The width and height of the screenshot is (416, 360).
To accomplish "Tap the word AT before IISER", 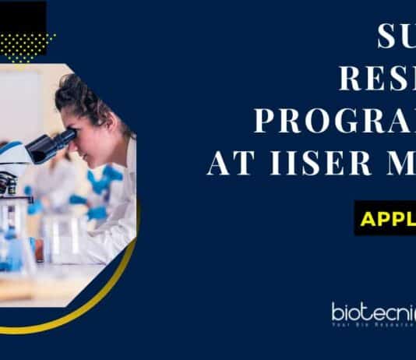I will coord(229,165).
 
